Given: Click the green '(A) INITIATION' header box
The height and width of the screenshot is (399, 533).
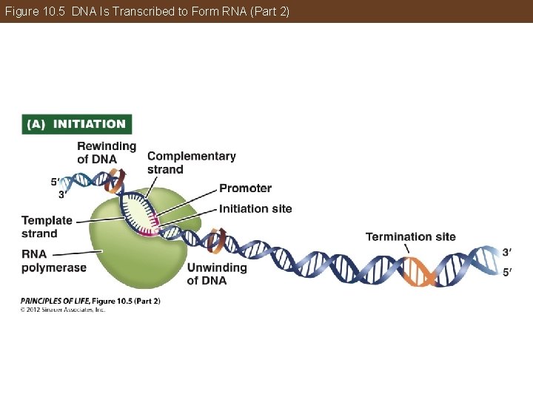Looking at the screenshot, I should (x=77, y=124).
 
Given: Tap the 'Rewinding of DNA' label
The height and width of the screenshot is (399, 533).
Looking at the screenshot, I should (x=107, y=152).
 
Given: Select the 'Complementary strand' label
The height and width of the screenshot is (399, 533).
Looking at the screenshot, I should (x=191, y=163).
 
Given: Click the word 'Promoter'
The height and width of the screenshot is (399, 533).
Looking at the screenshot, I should (x=245, y=188).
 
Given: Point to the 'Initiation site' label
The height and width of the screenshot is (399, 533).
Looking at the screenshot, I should (x=255, y=208).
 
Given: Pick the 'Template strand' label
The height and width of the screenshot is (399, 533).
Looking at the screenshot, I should (x=47, y=227).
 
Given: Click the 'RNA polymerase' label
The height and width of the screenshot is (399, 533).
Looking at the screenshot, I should (x=53, y=261).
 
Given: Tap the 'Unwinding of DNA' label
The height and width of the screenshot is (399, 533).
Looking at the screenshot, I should (x=216, y=273).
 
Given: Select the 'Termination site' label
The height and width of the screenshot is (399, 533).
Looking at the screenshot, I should (x=410, y=236).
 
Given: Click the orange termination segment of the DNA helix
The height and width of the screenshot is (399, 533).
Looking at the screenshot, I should (x=419, y=270).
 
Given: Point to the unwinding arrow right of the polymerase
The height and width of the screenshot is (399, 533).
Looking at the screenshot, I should (x=217, y=240).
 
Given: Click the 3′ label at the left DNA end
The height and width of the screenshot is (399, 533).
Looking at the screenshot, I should (x=64, y=195).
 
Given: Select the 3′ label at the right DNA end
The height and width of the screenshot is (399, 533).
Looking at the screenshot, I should (x=506, y=253).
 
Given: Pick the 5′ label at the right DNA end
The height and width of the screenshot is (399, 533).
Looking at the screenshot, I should (x=506, y=271).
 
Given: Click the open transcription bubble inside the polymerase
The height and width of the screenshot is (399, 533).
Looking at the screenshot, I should (x=141, y=210).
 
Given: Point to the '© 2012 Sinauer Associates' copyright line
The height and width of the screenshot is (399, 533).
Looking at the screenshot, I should (x=63, y=310).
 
